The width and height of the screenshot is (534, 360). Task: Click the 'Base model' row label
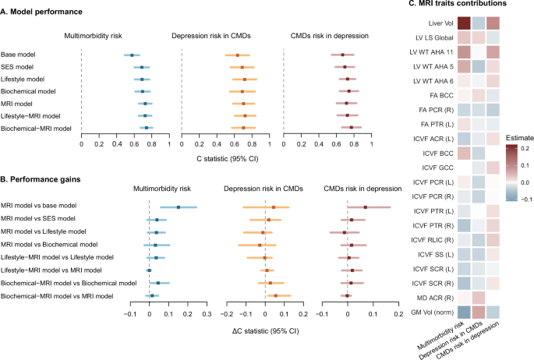[x=22, y=55]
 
